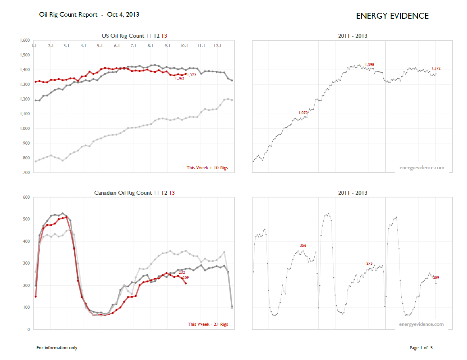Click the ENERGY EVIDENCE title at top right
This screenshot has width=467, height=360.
392,16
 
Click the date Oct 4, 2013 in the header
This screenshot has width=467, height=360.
123,15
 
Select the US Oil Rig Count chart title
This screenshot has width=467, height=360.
123,36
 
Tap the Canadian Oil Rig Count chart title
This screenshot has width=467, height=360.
123,193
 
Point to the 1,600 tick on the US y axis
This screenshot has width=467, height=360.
25,41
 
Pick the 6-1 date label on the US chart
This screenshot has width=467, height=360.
117,46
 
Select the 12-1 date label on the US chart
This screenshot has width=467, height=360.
218,46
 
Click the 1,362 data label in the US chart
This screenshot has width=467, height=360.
179,78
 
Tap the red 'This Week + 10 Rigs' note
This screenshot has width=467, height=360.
207,168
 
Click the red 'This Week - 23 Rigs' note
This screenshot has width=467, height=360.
208,325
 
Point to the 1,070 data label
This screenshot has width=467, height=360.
303,113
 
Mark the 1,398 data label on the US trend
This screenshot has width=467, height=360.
369,65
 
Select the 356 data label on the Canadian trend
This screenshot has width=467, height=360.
303,246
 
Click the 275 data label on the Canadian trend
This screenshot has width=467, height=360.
369,263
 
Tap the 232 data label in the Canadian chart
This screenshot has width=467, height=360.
181,273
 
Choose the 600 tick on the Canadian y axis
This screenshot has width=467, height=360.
27,197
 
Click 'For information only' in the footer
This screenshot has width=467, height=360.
57,348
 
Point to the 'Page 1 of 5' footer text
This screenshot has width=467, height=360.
421,348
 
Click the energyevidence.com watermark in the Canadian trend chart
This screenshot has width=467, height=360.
421,324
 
